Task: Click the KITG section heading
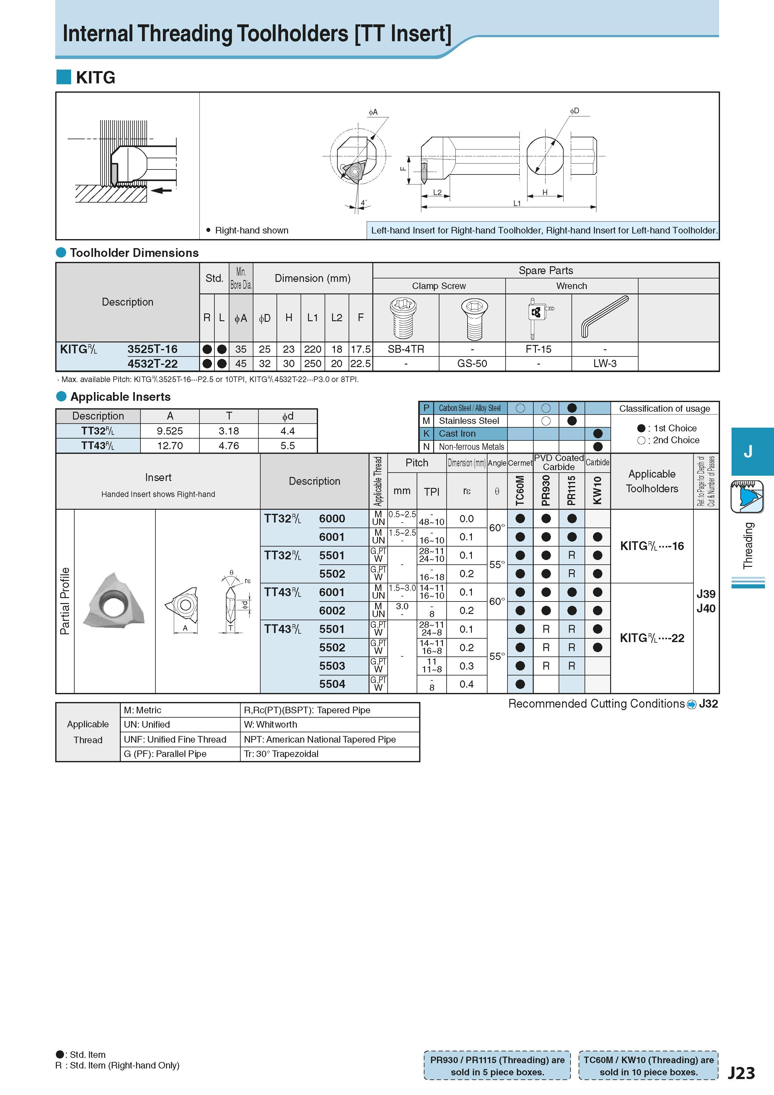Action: pyautogui.click(x=96, y=77)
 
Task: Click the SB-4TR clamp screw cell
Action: pyautogui.click(x=406, y=349)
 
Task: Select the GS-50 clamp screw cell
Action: pyautogui.click(x=472, y=363)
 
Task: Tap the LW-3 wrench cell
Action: pyautogui.click(x=605, y=363)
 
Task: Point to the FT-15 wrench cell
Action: pyautogui.click(x=538, y=349)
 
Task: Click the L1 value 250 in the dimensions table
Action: pyautogui.click(x=313, y=363)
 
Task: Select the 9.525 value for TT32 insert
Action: pyautogui.click(x=170, y=431)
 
